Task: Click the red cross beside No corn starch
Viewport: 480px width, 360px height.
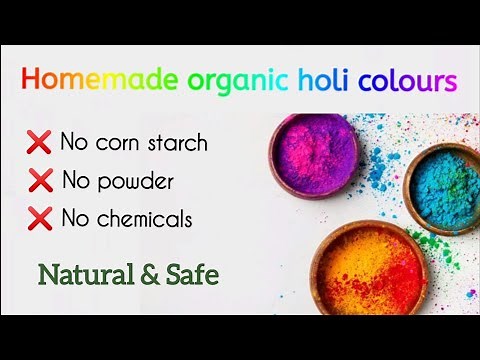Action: coord(40,143)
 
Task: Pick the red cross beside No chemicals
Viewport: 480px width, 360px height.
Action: coord(40,218)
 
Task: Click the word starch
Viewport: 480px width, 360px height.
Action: coord(175,143)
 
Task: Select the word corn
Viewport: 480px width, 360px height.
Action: coord(114,143)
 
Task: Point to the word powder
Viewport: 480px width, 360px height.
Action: coord(136,181)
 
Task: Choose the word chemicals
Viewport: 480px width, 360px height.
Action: coord(144,218)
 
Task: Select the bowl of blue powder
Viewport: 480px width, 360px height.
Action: coord(443,182)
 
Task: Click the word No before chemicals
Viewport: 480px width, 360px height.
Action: coord(76,218)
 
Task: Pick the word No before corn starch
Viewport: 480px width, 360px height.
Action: coord(75,143)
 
